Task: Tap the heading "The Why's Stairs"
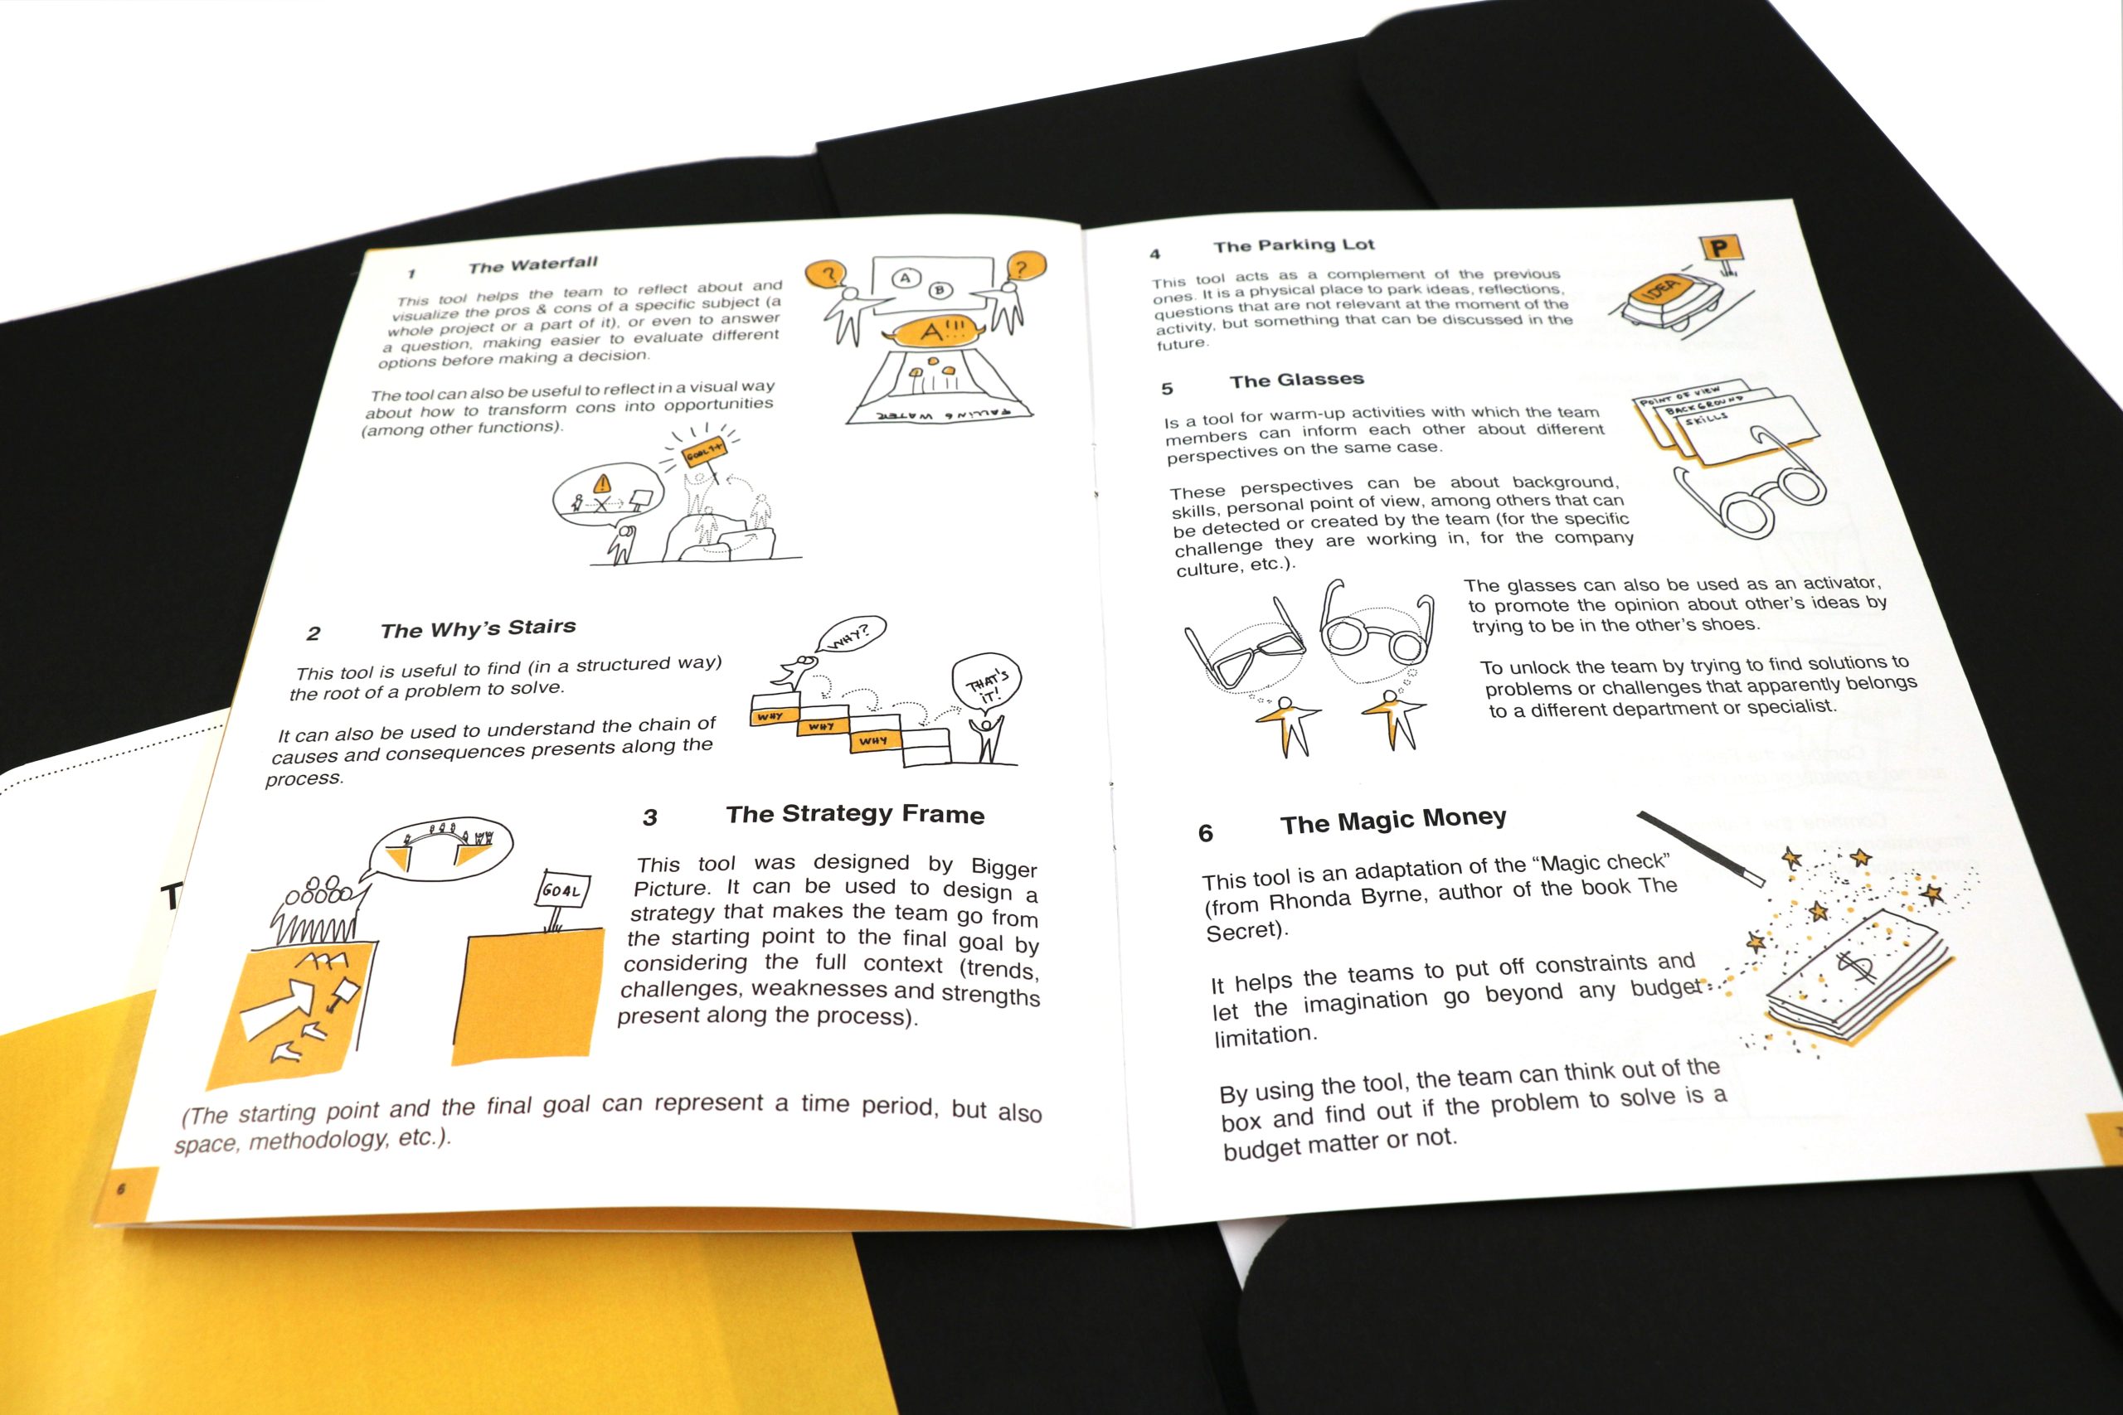478,628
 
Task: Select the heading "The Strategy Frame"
855,814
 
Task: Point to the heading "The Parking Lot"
1294,245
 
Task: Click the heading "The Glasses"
1296,380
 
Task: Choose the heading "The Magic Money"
1392,821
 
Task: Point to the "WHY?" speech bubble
850,634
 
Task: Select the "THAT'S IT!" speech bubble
987,689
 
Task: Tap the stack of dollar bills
1857,979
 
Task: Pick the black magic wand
1701,848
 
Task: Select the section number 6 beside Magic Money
1205,833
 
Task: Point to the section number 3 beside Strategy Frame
650,817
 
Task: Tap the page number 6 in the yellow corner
122,1189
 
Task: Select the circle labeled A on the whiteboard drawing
906,279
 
